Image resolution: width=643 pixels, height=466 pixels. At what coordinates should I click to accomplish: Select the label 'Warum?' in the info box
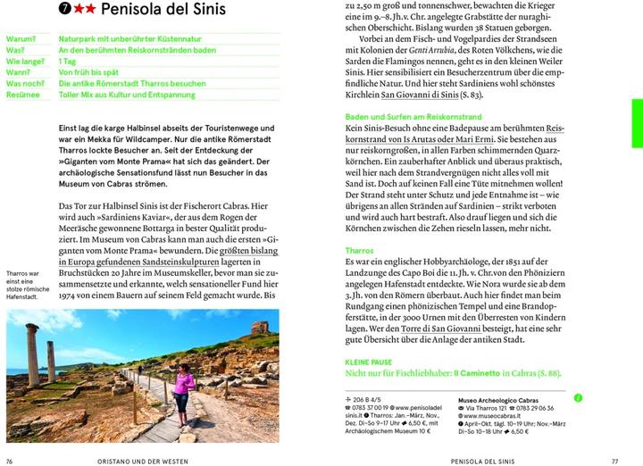click(x=21, y=40)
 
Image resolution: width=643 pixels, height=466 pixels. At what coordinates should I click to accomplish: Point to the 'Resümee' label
click(x=23, y=94)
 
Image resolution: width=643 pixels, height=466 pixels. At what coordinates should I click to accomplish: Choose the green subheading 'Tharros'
click(x=359, y=251)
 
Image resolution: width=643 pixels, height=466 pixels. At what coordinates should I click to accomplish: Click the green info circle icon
click(x=577, y=397)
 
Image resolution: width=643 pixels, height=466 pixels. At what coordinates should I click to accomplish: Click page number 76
click(x=11, y=460)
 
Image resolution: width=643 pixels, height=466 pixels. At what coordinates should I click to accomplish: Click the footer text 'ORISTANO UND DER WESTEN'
click(x=139, y=460)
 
